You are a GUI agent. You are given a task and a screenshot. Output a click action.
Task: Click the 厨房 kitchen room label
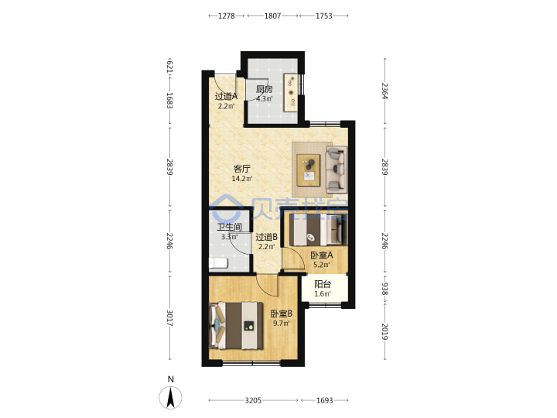[x=265, y=89]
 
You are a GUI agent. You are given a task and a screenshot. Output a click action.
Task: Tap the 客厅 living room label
[x=241, y=169]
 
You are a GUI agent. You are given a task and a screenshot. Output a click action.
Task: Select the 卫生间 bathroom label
[x=230, y=227]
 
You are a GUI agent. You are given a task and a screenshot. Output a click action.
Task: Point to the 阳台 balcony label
[x=323, y=284]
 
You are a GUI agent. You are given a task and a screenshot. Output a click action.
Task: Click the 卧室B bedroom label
[x=282, y=313]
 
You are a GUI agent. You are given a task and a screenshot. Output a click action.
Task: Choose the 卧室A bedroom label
[x=322, y=255]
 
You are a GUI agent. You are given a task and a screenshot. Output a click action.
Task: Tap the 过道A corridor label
[x=226, y=96]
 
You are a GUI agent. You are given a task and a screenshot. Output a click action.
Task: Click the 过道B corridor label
[x=266, y=237]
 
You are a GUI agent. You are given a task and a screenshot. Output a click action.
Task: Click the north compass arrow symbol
[x=170, y=397]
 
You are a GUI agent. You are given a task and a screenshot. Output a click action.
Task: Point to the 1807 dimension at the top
[x=272, y=15]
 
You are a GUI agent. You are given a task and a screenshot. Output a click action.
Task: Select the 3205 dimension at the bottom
[x=253, y=401]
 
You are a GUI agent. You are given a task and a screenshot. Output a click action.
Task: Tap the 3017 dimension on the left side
[x=169, y=318]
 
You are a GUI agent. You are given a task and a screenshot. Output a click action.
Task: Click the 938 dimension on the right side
[x=384, y=289]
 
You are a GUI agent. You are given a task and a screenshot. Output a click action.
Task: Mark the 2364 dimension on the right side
[x=384, y=91]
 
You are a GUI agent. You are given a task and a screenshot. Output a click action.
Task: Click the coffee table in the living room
[x=309, y=170]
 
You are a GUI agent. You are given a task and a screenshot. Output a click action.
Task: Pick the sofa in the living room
[x=336, y=170]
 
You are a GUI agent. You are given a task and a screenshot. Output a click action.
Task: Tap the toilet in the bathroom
[x=217, y=263]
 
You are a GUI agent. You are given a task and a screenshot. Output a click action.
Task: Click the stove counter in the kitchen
[x=291, y=92]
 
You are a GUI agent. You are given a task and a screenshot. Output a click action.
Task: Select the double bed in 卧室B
[x=237, y=326]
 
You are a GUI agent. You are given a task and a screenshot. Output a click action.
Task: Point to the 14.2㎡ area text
[x=242, y=179]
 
